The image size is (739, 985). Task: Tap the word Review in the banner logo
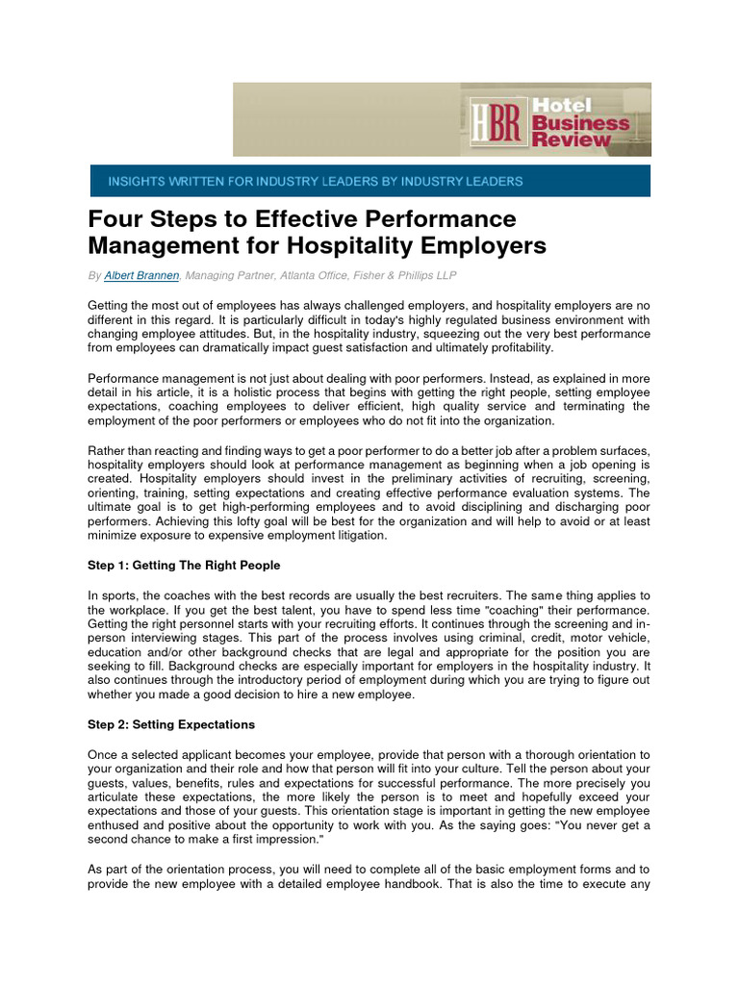[x=573, y=139]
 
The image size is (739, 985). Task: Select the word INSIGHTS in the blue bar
[x=137, y=181]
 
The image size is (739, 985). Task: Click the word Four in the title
[x=115, y=219]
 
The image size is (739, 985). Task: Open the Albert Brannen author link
[x=141, y=275]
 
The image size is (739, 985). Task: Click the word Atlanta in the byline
[x=293, y=275]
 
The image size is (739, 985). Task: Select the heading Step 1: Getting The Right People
[x=184, y=565]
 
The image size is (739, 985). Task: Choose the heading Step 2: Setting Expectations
[x=171, y=724]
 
